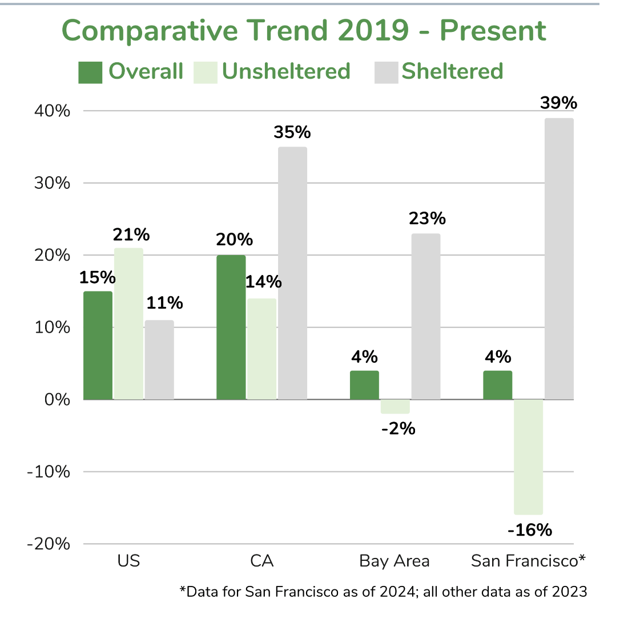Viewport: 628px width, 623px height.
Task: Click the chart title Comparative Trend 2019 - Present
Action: [x=304, y=31]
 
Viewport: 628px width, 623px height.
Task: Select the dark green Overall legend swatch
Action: [x=90, y=72]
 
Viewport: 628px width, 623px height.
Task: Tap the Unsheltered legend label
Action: [x=286, y=71]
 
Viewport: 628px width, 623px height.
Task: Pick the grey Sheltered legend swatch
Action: [x=386, y=72]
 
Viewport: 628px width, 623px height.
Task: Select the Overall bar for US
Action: [x=98, y=345]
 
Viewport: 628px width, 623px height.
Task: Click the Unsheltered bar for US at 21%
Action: [x=128, y=323]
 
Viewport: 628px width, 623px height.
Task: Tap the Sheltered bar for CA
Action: [x=292, y=273]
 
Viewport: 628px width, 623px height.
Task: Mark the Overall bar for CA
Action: [x=231, y=327]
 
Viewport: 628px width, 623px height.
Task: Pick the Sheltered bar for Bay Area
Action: [x=426, y=316]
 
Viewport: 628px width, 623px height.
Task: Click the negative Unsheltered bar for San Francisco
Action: [x=528, y=456]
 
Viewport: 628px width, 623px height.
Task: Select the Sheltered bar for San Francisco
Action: [x=559, y=258]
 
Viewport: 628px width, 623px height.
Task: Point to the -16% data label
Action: [x=530, y=530]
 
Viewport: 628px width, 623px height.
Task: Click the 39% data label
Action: [x=559, y=103]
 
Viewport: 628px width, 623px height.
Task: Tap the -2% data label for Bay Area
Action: [x=397, y=428]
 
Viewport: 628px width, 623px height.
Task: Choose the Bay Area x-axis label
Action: [x=394, y=561]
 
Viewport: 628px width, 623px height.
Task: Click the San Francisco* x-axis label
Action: [x=528, y=561]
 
